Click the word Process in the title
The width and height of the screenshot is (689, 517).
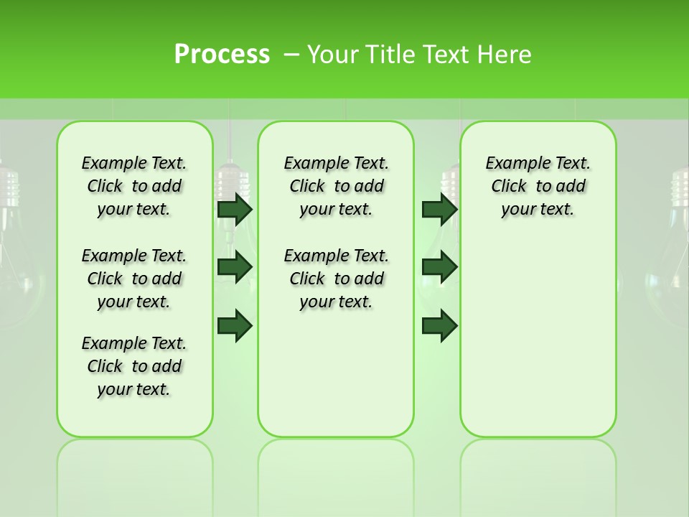222,55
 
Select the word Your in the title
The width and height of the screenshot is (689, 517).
335,55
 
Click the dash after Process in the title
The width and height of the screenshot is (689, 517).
291,55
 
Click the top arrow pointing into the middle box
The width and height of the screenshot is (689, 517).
235,209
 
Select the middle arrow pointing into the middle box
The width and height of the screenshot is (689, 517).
235,267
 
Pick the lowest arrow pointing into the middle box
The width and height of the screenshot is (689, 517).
235,325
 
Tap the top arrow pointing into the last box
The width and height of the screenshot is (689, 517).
439,209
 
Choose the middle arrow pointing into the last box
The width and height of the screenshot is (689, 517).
439,267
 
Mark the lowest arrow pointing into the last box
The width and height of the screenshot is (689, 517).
439,325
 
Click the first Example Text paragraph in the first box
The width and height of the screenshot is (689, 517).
134,186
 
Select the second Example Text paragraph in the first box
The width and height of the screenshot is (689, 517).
134,279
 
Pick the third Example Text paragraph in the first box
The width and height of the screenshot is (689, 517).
134,366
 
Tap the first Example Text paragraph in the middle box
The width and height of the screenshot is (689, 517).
336,186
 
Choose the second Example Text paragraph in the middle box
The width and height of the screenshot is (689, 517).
336,279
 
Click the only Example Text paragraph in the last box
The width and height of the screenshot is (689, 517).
538,186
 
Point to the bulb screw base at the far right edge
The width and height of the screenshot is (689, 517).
680,188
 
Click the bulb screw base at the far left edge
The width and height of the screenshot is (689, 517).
7,188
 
